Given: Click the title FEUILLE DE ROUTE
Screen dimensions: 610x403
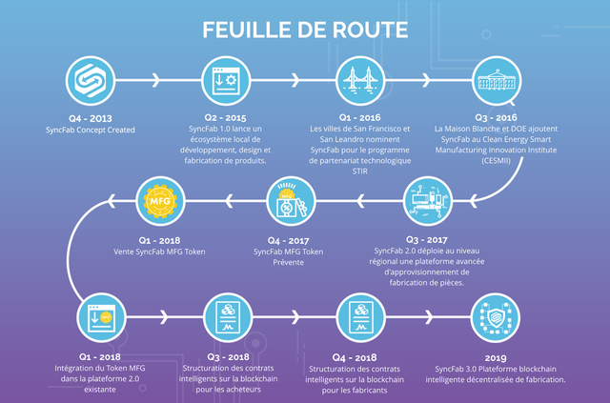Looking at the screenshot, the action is click(305, 30).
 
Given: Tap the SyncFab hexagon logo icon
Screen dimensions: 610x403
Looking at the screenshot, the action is click(91, 81).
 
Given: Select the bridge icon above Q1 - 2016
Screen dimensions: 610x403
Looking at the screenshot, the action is click(360, 81).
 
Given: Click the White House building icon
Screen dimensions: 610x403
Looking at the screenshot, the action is click(497, 81).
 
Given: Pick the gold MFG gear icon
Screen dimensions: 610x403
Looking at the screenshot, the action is click(160, 201).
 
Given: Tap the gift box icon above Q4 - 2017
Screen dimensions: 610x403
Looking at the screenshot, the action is click(291, 201).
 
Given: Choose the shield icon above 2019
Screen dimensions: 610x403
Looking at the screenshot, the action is click(496, 317).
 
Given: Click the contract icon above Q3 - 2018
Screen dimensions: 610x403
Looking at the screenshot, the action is click(228, 317).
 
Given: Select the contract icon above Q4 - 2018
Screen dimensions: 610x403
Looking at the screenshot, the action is click(360, 317).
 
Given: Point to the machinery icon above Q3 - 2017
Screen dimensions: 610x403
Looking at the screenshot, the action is click(428, 201).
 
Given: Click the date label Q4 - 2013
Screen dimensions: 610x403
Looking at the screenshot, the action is click(91, 118).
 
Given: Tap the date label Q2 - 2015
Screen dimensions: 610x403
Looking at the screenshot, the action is click(225, 117).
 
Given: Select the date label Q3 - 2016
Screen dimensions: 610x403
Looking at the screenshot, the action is click(496, 117).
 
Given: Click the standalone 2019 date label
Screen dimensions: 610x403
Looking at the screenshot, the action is click(496, 358).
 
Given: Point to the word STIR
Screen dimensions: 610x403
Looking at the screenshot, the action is click(360, 171).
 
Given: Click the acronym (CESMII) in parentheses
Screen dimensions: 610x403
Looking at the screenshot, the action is click(496, 160).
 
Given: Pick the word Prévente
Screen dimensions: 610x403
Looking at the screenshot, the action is click(288, 262).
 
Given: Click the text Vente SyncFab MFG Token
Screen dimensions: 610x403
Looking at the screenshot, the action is click(159, 252).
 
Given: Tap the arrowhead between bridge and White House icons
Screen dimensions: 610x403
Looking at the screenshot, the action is click(427, 81).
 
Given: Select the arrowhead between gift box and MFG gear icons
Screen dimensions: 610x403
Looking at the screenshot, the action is click(229, 201).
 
